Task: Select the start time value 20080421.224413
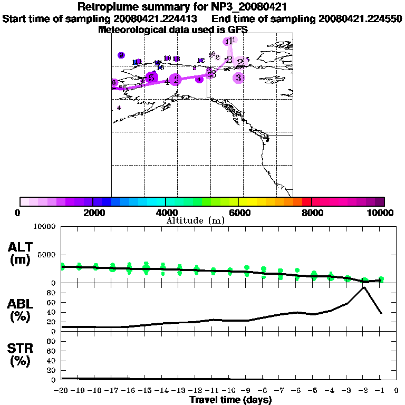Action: click(x=159, y=19)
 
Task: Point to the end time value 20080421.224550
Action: click(x=361, y=19)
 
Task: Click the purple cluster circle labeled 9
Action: click(x=121, y=55)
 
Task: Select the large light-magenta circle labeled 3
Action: click(x=239, y=78)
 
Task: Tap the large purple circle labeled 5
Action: click(x=151, y=78)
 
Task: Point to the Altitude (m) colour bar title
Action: click(x=196, y=220)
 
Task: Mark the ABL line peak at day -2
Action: click(x=363, y=287)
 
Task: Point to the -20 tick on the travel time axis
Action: click(x=62, y=391)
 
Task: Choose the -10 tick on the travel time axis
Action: click(x=229, y=391)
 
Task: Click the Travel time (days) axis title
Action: click(x=230, y=400)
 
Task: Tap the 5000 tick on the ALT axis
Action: click(x=47, y=255)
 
